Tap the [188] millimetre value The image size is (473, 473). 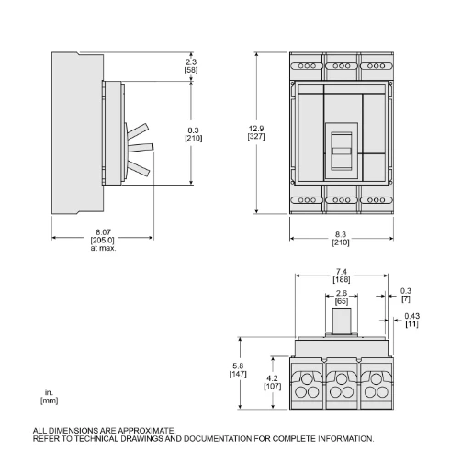click(x=341, y=281)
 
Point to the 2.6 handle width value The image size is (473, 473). click(x=341, y=294)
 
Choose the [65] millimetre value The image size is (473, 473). click(x=341, y=301)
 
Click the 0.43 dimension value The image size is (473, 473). click(x=411, y=318)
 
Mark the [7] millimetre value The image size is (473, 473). click(x=406, y=300)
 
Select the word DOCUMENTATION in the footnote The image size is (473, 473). click(x=220, y=438)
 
